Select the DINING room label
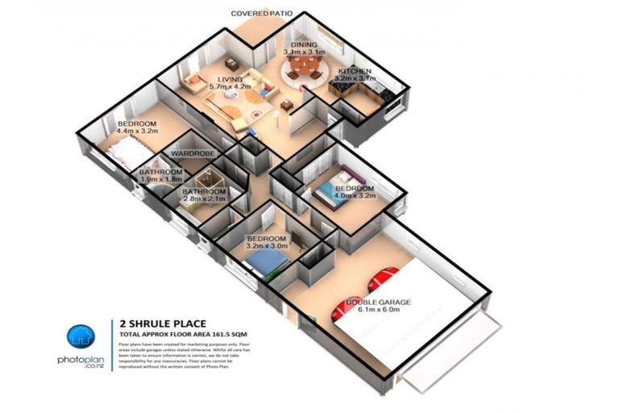(x=305, y=44)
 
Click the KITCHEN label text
(x=355, y=71)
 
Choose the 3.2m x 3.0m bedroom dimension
(x=267, y=248)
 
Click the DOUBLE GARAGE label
(x=379, y=302)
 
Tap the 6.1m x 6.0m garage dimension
(x=379, y=311)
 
